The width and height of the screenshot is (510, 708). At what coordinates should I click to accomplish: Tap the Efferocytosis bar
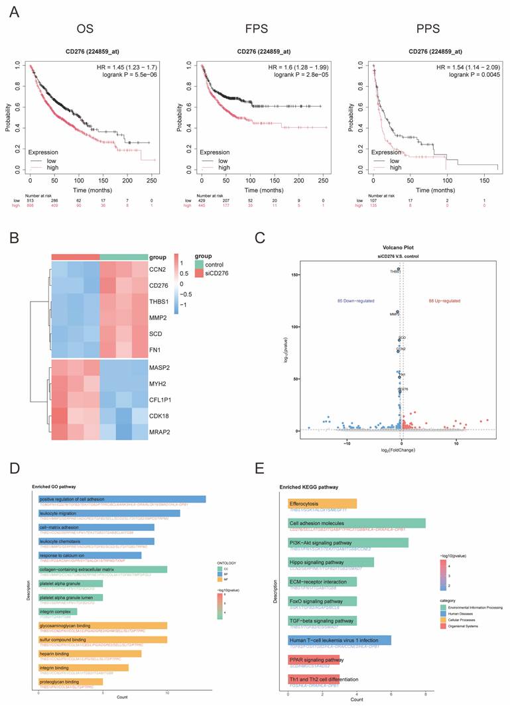322,504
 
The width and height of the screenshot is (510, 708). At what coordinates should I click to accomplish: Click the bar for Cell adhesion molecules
357,523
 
